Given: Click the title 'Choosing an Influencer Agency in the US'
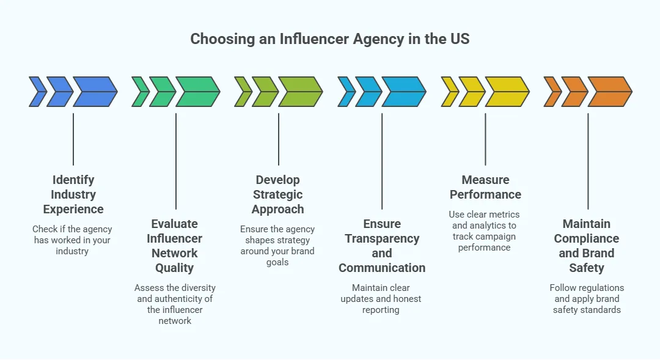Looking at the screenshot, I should pos(330,39).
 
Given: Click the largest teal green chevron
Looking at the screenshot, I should pos(197,92).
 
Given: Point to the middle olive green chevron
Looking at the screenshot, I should pos(265,92).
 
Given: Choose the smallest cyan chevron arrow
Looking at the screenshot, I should pos(346,92).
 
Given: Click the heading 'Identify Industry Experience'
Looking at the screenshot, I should pos(73,194).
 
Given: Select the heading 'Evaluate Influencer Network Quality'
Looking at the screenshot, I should pos(175,246).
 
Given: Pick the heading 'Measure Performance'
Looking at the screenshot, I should pos(485,187).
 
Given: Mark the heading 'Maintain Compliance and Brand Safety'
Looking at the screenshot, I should pos(587,246).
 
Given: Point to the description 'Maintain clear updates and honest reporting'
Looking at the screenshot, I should pos(381,299).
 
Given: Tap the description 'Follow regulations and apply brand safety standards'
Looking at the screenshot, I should pos(587,299).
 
